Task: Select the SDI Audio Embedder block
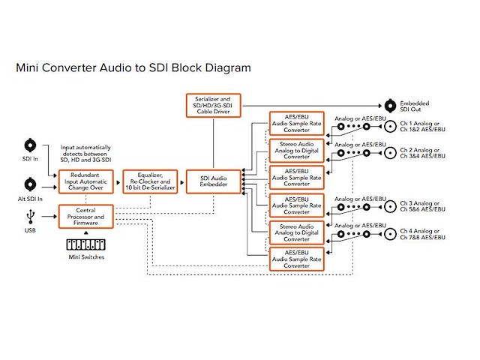tap(212, 181)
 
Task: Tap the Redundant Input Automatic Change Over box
tap(87, 181)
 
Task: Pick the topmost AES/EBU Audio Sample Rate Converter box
tap(296, 123)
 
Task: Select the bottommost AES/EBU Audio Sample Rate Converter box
tap(296, 259)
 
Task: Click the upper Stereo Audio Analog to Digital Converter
tap(296, 150)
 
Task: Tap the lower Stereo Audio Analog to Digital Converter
tap(296, 232)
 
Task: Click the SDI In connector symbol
tap(31, 145)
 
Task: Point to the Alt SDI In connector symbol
tap(31, 183)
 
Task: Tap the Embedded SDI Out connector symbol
tap(391, 106)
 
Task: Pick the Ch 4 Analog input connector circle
tap(390, 233)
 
